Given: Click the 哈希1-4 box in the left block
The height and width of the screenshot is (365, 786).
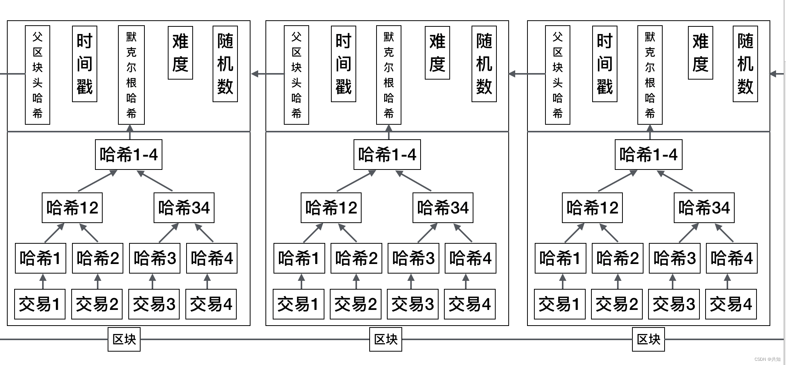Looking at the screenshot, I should coord(128,155).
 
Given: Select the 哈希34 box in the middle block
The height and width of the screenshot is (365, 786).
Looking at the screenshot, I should coord(443,208).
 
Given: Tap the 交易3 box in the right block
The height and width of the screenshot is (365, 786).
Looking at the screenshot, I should coord(673,304).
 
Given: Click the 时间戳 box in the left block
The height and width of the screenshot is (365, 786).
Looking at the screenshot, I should coord(85,64).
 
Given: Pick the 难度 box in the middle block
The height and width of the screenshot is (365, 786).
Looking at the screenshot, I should coord(437,53).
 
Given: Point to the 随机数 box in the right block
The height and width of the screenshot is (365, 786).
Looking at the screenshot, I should coord(745,64).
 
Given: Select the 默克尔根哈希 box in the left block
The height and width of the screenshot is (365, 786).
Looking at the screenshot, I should coord(131,75).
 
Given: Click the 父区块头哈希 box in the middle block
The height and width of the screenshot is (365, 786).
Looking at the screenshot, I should coord(296,75).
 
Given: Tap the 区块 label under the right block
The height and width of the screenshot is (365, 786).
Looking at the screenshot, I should coord(648,339).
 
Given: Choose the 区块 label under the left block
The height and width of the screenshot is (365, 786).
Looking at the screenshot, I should coord(124,339).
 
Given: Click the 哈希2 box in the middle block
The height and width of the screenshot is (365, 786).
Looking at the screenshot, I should coord(356,258).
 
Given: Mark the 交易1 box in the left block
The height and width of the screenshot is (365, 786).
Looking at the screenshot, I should coord(39,304).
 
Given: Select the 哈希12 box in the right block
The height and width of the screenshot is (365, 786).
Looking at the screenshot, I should coord(592,208).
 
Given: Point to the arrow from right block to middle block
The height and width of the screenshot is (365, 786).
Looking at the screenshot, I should coord(527,74).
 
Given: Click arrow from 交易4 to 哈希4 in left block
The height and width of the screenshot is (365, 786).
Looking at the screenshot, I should coord(207,282).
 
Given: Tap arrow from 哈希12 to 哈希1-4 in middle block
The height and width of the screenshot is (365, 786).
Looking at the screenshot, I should coord(356,181).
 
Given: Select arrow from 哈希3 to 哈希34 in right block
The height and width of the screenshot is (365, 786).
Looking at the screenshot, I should coord(689,233).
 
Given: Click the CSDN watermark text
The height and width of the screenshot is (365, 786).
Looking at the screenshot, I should coord(767,359).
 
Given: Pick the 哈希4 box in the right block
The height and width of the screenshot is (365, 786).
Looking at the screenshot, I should coord(732,258).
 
